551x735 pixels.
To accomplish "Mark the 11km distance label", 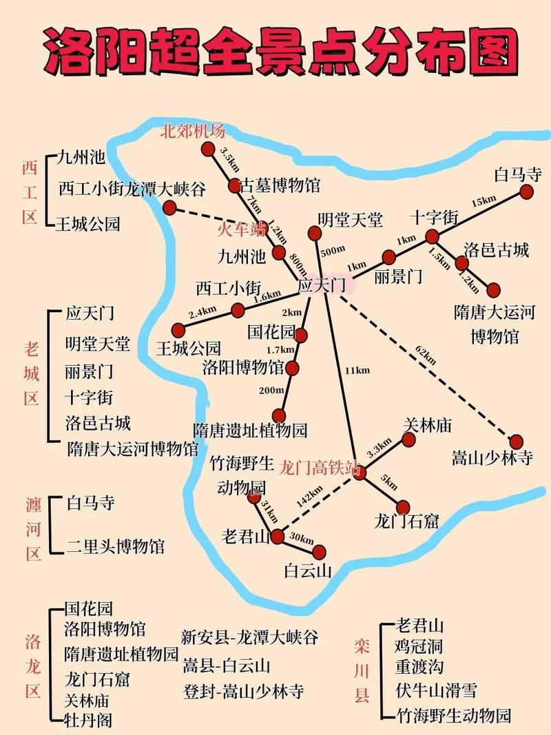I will click(x=357, y=371).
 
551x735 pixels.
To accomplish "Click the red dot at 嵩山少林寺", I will click(x=517, y=442).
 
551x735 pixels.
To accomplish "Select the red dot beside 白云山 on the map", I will click(x=318, y=551).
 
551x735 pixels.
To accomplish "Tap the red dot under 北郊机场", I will click(x=208, y=149).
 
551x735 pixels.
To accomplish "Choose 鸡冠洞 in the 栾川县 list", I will click(x=419, y=647).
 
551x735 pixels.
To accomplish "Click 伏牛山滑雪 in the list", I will click(x=436, y=690).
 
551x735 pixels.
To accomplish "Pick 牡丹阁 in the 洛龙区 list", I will click(x=88, y=721).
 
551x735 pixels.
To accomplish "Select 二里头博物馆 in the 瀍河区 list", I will click(x=116, y=546).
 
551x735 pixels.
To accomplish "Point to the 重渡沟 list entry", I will click(x=419, y=667).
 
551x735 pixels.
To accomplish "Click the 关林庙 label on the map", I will click(x=427, y=426).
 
